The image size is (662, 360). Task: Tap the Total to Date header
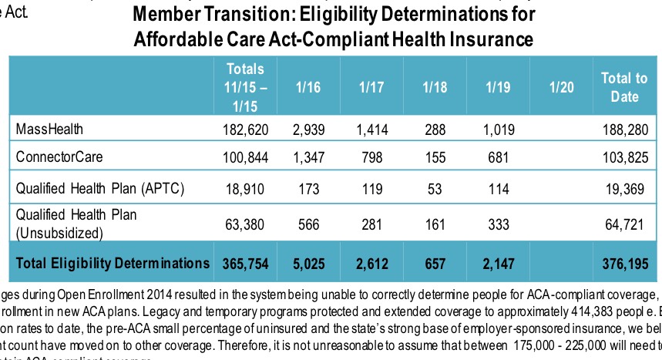point(624,87)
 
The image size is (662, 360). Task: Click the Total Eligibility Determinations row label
point(113,264)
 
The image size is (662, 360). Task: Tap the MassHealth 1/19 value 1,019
point(500,129)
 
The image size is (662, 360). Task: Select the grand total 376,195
point(624,264)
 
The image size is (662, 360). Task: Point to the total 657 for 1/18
point(435,264)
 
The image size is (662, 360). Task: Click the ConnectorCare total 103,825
point(624,158)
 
